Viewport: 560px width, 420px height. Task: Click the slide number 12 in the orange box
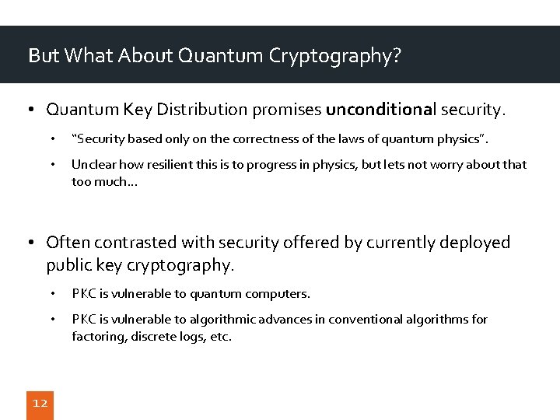[40, 403]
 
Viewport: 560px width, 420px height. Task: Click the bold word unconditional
[381, 110]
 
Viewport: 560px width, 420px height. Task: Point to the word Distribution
[233, 110]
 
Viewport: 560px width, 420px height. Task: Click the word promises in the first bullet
[294, 110]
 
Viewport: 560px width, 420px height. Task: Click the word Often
[68, 243]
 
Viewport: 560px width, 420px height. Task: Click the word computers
[278, 294]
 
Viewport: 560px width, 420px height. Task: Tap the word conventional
[366, 320]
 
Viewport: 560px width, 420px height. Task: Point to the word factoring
[98, 338]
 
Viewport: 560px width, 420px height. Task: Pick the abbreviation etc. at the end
[221, 338]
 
